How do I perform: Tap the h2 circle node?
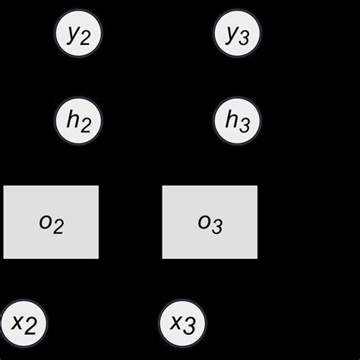(x=79, y=120)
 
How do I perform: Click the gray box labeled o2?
(x=51, y=222)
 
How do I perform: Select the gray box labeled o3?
(x=210, y=222)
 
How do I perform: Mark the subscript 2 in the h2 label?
(x=86, y=124)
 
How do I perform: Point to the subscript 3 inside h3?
(x=245, y=124)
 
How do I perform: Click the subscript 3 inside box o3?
(x=216, y=226)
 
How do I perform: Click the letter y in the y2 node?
(x=73, y=34)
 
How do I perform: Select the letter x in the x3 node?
(x=176, y=322)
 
